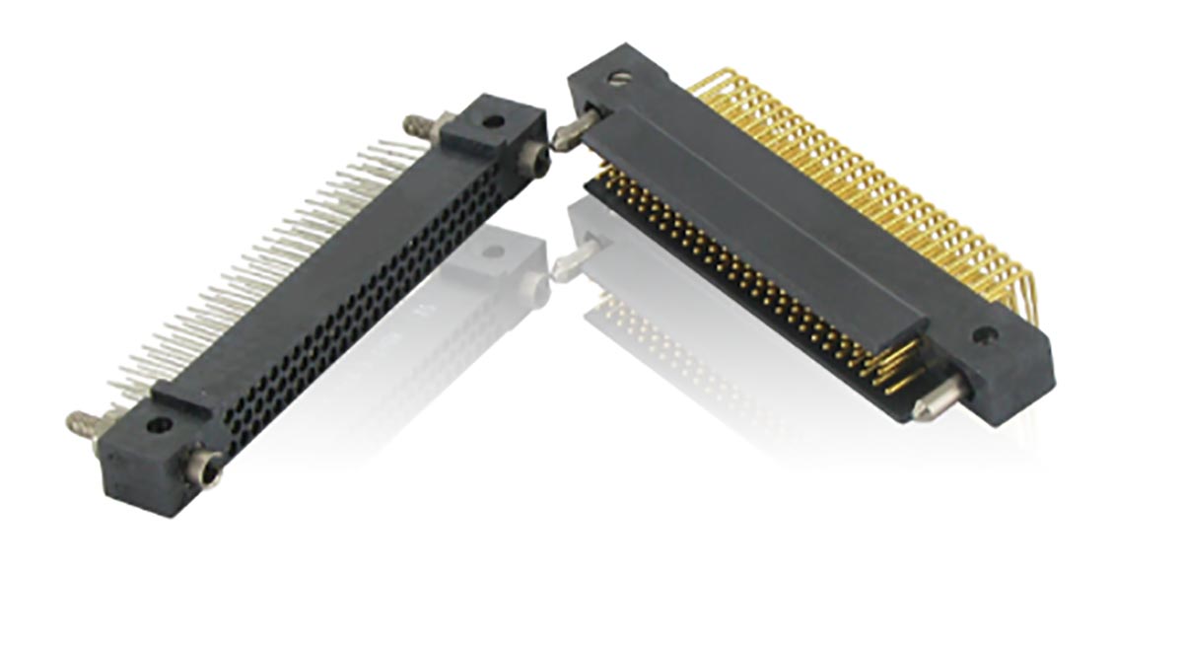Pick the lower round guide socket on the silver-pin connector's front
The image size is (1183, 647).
207,462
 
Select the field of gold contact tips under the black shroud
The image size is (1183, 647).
749,276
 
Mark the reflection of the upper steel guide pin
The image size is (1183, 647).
572,264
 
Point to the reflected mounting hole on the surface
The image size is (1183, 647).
494,251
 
